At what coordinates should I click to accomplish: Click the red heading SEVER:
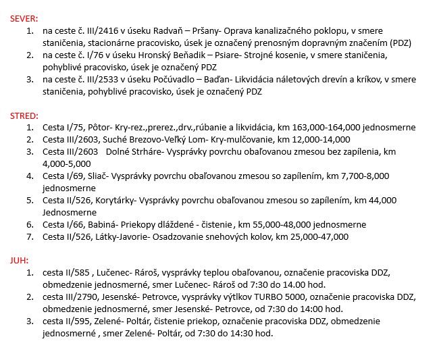point(24,20)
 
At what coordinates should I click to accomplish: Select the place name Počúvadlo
point(169,80)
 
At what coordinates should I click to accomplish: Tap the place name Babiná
point(93,224)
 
